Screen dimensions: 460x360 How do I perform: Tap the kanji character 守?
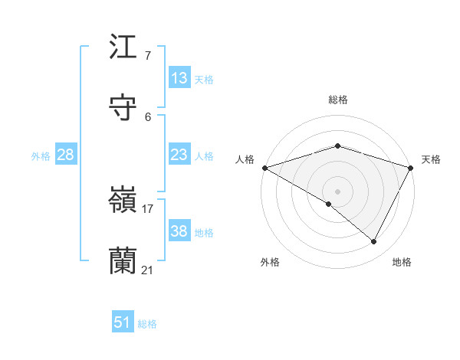(x=123, y=107)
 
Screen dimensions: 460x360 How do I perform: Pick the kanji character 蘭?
(x=123, y=261)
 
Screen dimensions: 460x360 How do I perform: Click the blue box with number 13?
(x=179, y=78)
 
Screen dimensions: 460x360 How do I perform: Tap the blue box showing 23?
(x=179, y=155)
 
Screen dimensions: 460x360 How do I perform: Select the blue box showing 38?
(x=179, y=231)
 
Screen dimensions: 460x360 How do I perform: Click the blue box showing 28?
(x=66, y=155)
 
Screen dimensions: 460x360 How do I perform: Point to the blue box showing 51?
(x=123, y=322)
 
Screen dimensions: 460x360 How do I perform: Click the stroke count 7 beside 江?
(x=147, y=55)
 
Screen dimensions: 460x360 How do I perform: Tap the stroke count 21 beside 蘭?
(x=147, y=270)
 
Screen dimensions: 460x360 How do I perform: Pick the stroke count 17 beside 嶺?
(x=147, y=208)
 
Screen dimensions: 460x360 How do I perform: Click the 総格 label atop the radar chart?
(x=337, y=100)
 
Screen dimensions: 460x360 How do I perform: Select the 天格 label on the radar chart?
(x=431, y=159)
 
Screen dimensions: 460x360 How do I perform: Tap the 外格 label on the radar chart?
(x=270, y=262)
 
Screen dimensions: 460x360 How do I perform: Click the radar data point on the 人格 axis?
(x=264, y=168)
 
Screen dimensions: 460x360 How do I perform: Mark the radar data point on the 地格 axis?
(x=374, y=242)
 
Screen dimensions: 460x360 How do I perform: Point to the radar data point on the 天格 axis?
(x=411, y=168)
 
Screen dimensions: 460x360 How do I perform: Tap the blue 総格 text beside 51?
(x=147, y=324)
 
